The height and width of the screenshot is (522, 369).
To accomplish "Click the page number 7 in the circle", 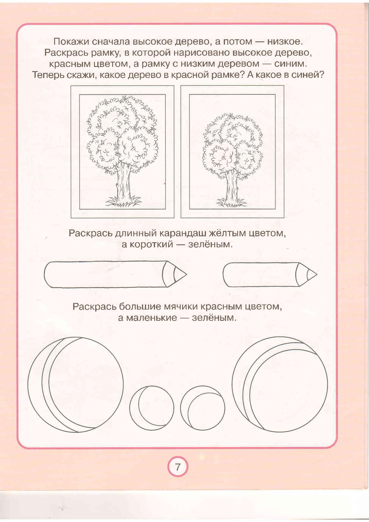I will click(x=178, y=467).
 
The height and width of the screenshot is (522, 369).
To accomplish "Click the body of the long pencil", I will click(x=104, y=274).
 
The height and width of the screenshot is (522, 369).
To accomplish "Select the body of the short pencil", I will click(x=259, y=274).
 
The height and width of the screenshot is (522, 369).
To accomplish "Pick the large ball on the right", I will click(x=280, y=384).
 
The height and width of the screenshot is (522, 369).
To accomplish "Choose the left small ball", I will click(x=152, y=408).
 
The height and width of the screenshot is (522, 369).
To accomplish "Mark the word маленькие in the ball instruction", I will click(x=151, y=318).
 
